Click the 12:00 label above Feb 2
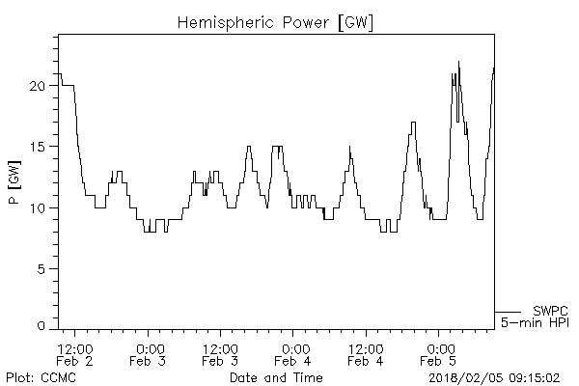point(76,348)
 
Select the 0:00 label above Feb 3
point(150,348)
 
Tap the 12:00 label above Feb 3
point(222,348)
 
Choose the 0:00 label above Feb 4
point(294,348)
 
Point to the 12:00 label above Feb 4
point(368,348)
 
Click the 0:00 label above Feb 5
point(440,348)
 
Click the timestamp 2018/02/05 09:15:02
point(500,376)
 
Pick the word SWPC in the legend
point(550,310)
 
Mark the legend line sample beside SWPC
point(509,311)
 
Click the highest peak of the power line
point(458,64)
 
